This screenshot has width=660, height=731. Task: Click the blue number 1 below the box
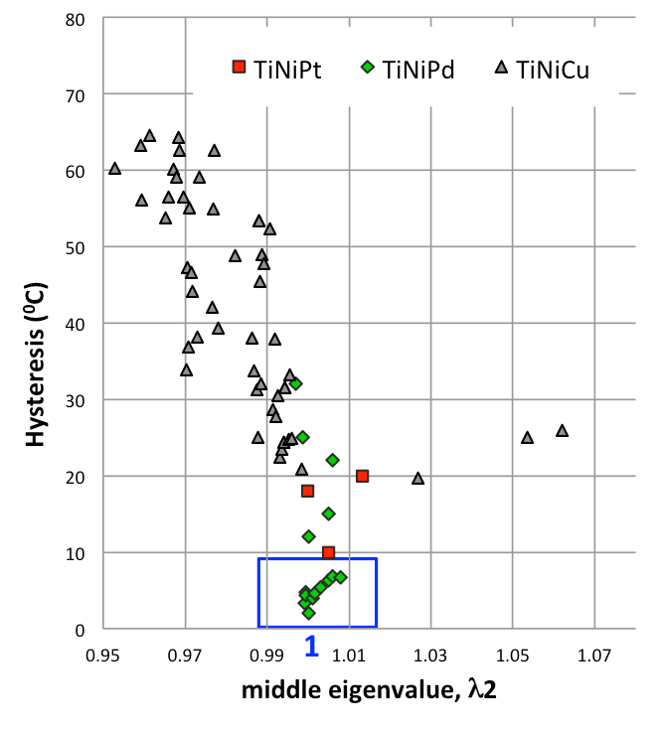(311, 647)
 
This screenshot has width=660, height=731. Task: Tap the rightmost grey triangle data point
(562, 430)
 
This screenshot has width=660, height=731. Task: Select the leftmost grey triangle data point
(114, 168)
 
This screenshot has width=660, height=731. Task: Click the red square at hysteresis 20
(363, 476)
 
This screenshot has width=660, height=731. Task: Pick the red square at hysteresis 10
(328, 552)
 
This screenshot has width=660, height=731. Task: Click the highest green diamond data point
(296, 383)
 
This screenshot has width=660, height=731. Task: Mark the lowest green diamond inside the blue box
(308, 613)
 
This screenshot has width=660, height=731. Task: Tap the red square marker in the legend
(239, 67)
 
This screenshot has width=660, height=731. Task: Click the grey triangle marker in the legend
(501, 67)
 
